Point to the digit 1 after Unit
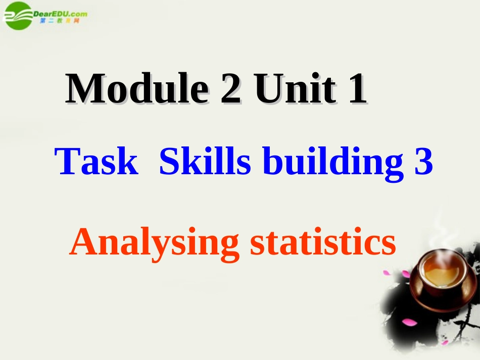tap(356, 90)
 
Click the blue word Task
tap(97, 163)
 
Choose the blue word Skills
tap(205, 163)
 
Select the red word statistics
tap(323, 242)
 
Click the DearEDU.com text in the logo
tap(60, 14)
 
